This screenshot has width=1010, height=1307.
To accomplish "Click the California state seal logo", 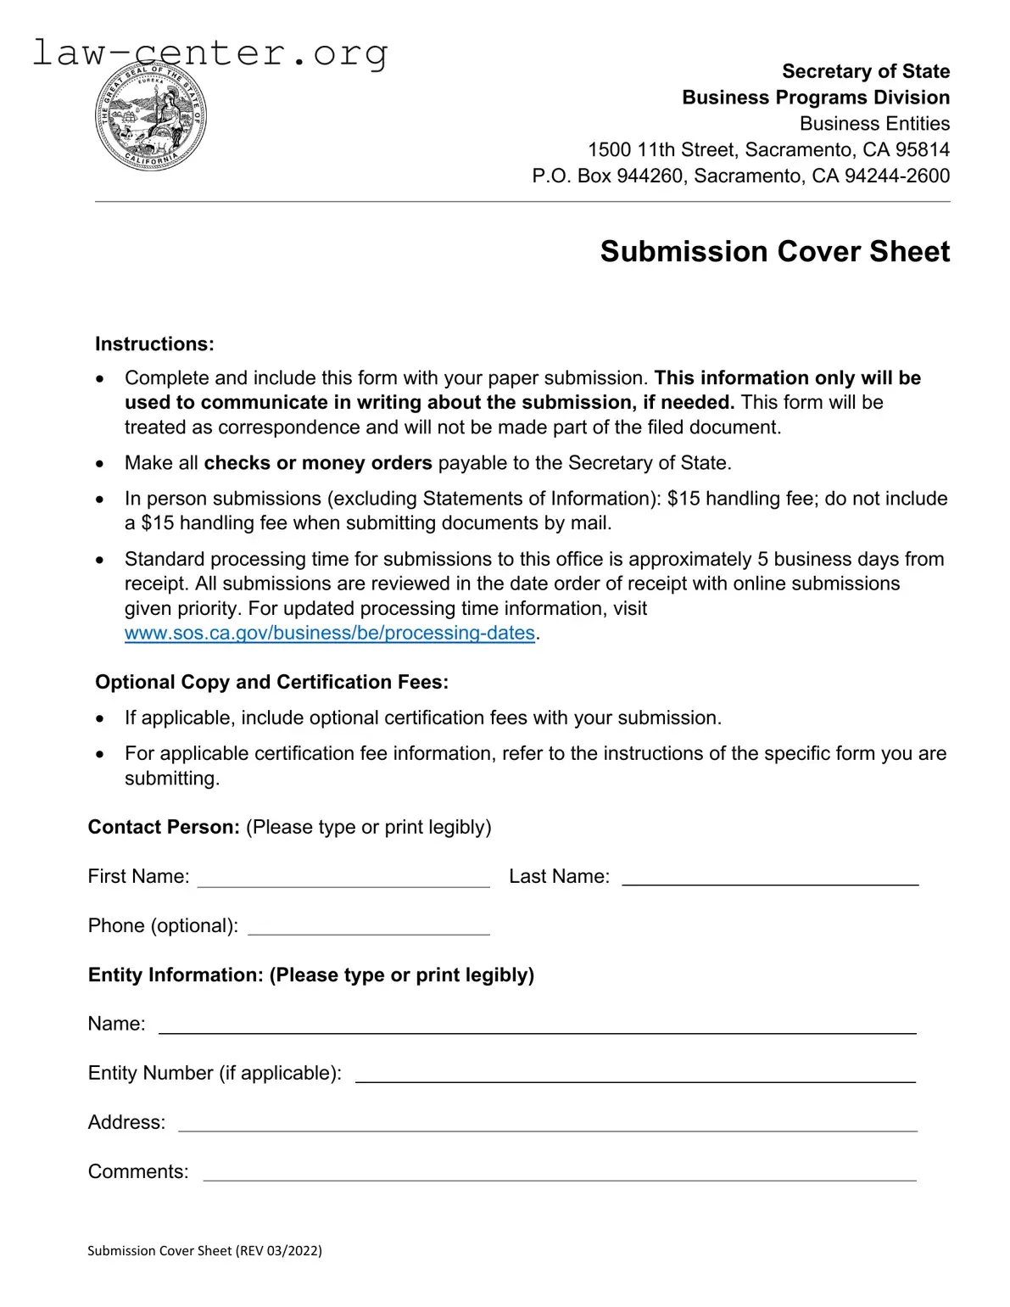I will tap(150, 117).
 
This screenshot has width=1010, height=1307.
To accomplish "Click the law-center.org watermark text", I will tap(209, 53).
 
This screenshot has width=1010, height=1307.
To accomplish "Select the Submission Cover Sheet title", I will tap(774, 252).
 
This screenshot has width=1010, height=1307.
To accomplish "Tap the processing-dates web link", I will tap(329, 633).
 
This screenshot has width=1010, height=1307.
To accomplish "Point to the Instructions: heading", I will tap(154, 344).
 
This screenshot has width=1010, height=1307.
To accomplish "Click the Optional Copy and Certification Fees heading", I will tap(271, 682).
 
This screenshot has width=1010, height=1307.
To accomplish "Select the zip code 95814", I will tap(923, 150).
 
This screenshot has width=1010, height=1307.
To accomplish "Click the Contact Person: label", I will tap(164, 827).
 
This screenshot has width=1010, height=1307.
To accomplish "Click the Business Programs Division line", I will tap(815, 98).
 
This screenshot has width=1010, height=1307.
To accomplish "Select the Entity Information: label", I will tap(176, 975).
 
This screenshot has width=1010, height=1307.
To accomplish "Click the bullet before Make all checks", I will tap(100, 464).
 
